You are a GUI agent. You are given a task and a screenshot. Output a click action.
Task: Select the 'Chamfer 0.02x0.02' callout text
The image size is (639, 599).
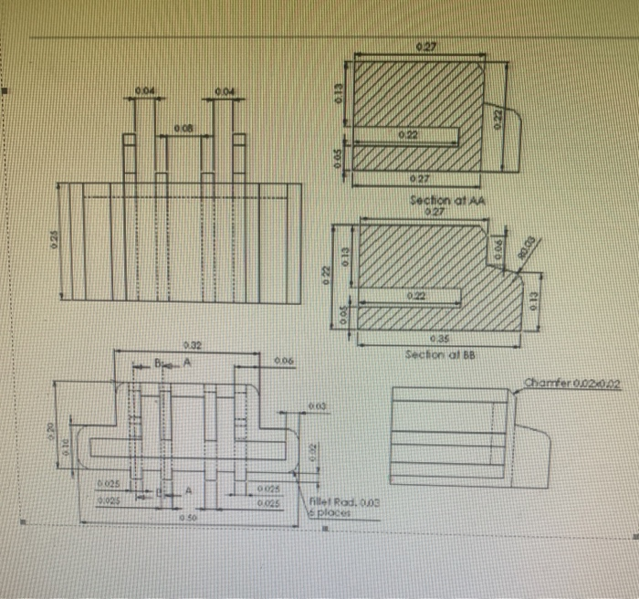click(x=571, y=385)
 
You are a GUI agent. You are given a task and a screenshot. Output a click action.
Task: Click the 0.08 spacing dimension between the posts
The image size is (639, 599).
click(x=183, y=130)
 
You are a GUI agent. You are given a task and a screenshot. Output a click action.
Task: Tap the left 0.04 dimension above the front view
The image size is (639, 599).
click(x=144, y=89)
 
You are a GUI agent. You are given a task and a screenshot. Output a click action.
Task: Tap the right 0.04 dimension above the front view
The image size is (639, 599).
click(x=225, y=89)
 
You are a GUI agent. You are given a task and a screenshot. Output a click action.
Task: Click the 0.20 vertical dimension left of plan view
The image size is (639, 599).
click(x=52, y=426)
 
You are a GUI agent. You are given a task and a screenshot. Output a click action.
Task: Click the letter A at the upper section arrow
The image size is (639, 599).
click(x=188, y=362)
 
